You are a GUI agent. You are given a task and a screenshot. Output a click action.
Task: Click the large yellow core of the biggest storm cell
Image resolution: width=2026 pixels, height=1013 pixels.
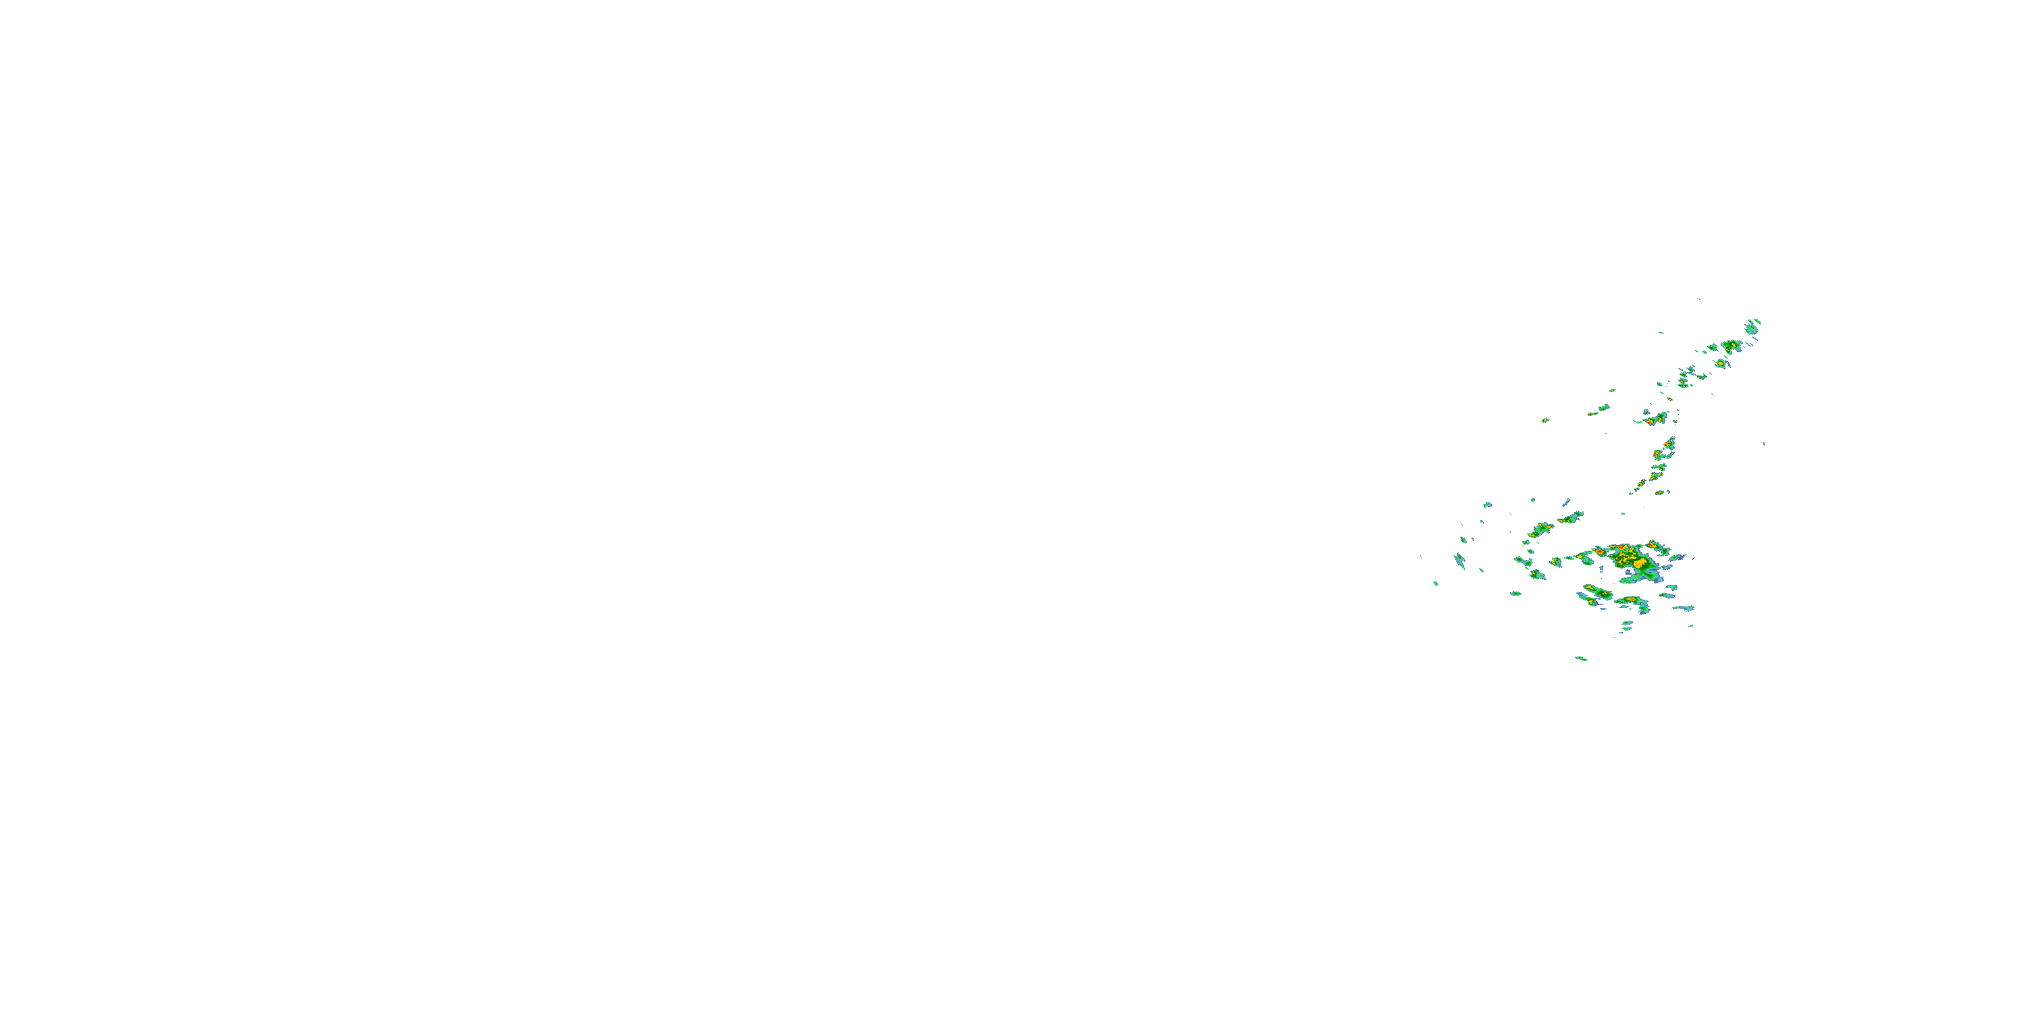tap(1639, 563)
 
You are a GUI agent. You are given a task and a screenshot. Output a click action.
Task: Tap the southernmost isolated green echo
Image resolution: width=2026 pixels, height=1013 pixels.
tap(1581, 658)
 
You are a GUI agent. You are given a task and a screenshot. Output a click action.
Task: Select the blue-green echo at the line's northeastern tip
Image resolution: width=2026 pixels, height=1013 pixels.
tap(1753, 326)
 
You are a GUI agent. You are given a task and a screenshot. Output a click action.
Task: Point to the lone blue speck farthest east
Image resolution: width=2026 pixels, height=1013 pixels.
tap(1763, 444)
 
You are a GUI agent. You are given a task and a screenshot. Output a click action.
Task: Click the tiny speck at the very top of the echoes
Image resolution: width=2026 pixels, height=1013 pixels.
tap(1699, 299)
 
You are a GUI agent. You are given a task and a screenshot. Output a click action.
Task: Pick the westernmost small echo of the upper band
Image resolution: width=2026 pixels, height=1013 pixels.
tap(1544, 420)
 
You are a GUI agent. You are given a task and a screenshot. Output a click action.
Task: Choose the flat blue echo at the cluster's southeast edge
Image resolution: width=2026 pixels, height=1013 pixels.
tap(1683, 608)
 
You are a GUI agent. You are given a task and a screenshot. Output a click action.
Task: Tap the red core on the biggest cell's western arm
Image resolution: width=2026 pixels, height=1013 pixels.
tap(1600, 553)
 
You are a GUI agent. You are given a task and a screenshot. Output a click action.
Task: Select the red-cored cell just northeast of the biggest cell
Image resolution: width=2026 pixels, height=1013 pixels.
tap(1655, 544)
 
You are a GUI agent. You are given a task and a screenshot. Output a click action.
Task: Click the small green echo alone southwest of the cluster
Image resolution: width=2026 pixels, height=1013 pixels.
tap(1436, 583)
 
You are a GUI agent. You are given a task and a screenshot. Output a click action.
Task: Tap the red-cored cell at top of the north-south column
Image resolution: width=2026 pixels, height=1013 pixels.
tap(1668, 445)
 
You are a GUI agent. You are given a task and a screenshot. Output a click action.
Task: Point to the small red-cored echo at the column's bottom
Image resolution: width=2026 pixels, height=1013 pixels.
tap(1659, 492)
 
